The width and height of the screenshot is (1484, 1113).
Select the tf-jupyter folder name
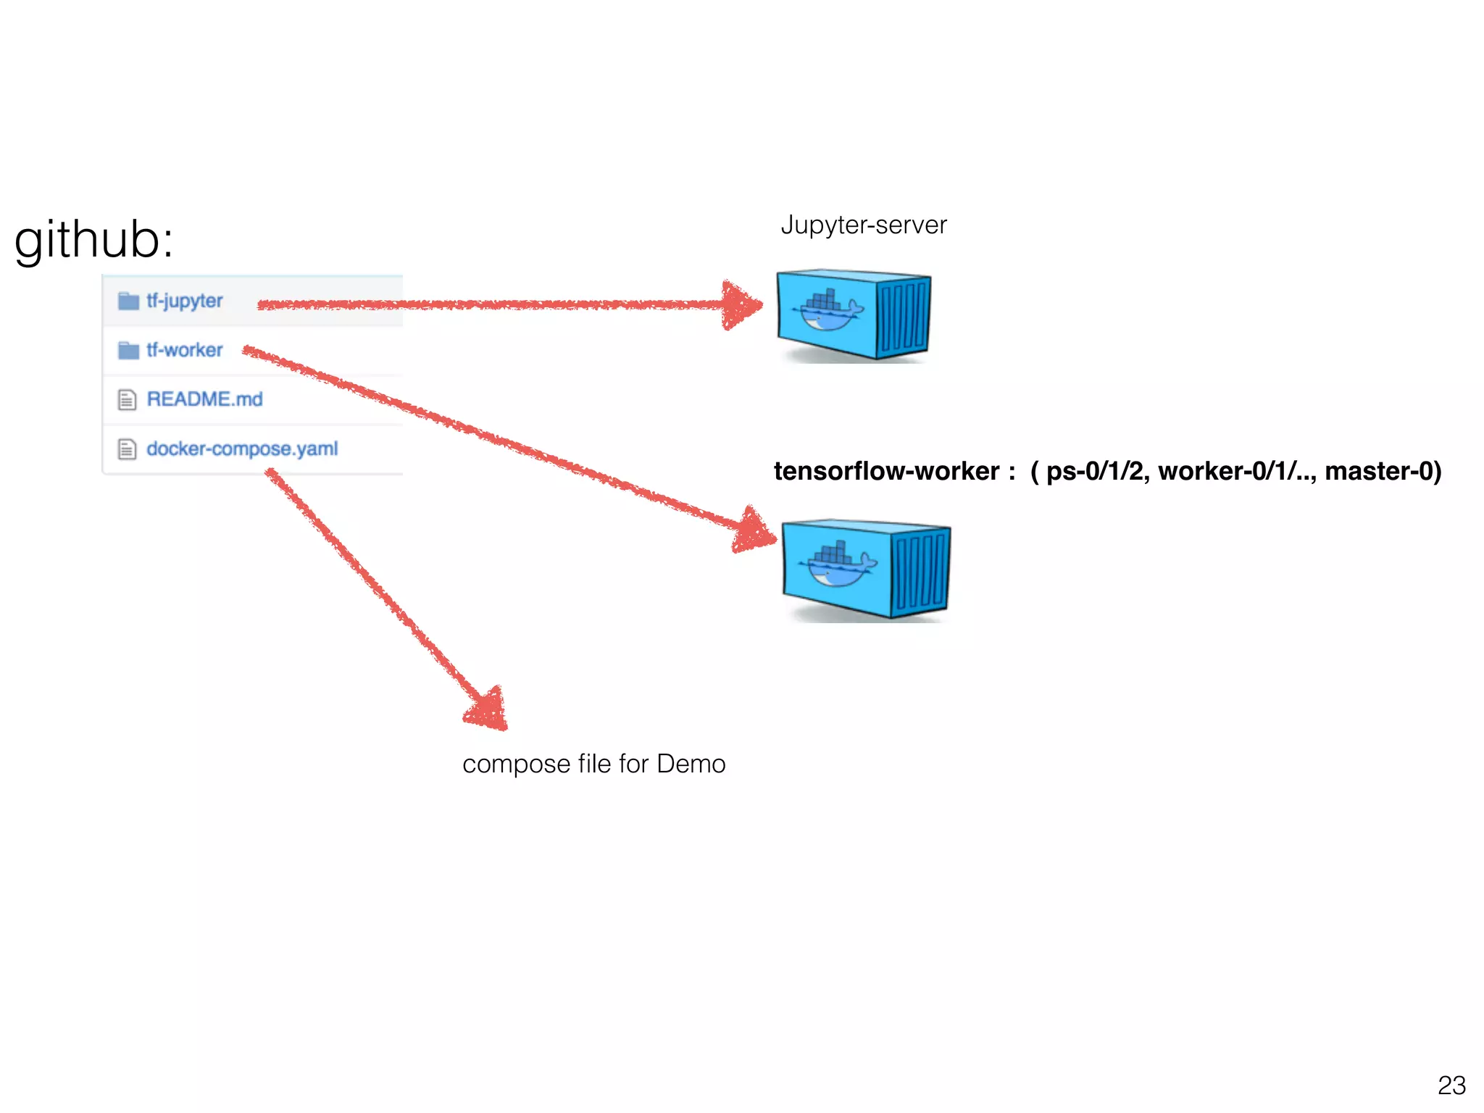184,300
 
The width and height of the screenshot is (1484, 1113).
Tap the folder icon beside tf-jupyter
128,301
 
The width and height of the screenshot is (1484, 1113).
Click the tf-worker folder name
184,350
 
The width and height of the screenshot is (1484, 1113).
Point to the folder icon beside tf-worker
128,351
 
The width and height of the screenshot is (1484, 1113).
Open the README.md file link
204,399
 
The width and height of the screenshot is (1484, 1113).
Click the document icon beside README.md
127,400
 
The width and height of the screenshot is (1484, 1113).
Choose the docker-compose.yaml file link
242,449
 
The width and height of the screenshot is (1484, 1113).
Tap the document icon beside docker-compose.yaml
127,449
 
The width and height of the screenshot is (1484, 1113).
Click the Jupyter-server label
863,225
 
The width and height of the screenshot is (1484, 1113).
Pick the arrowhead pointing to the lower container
754,532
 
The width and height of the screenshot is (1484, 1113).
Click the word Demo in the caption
691,764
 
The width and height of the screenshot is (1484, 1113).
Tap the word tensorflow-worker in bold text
886,471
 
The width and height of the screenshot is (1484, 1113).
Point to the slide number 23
1451,1085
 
